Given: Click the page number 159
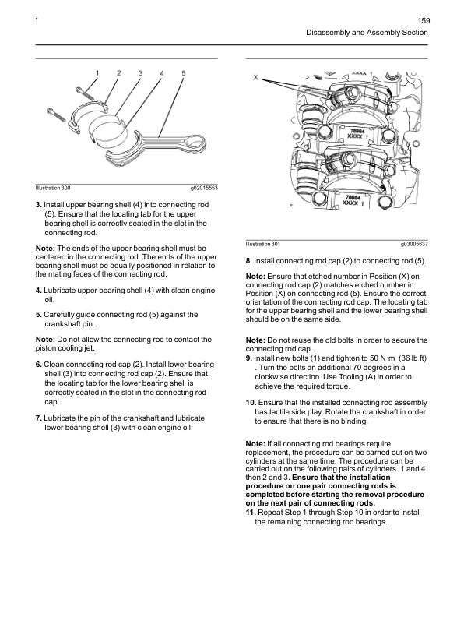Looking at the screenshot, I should (424, 20).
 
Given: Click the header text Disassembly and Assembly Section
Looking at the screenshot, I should (368, 33).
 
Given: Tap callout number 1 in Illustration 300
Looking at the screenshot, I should (97, 73).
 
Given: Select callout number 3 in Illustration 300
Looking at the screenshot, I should (140, 73).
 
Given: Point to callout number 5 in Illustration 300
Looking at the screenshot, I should (183, 73).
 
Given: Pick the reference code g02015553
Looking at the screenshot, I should (204, 189).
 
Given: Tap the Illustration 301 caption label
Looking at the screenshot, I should (263, 245).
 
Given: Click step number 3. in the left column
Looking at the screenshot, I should (39, 204).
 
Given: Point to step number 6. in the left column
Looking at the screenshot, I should (39, 365).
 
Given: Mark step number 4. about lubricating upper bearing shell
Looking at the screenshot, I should (39, 290).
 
